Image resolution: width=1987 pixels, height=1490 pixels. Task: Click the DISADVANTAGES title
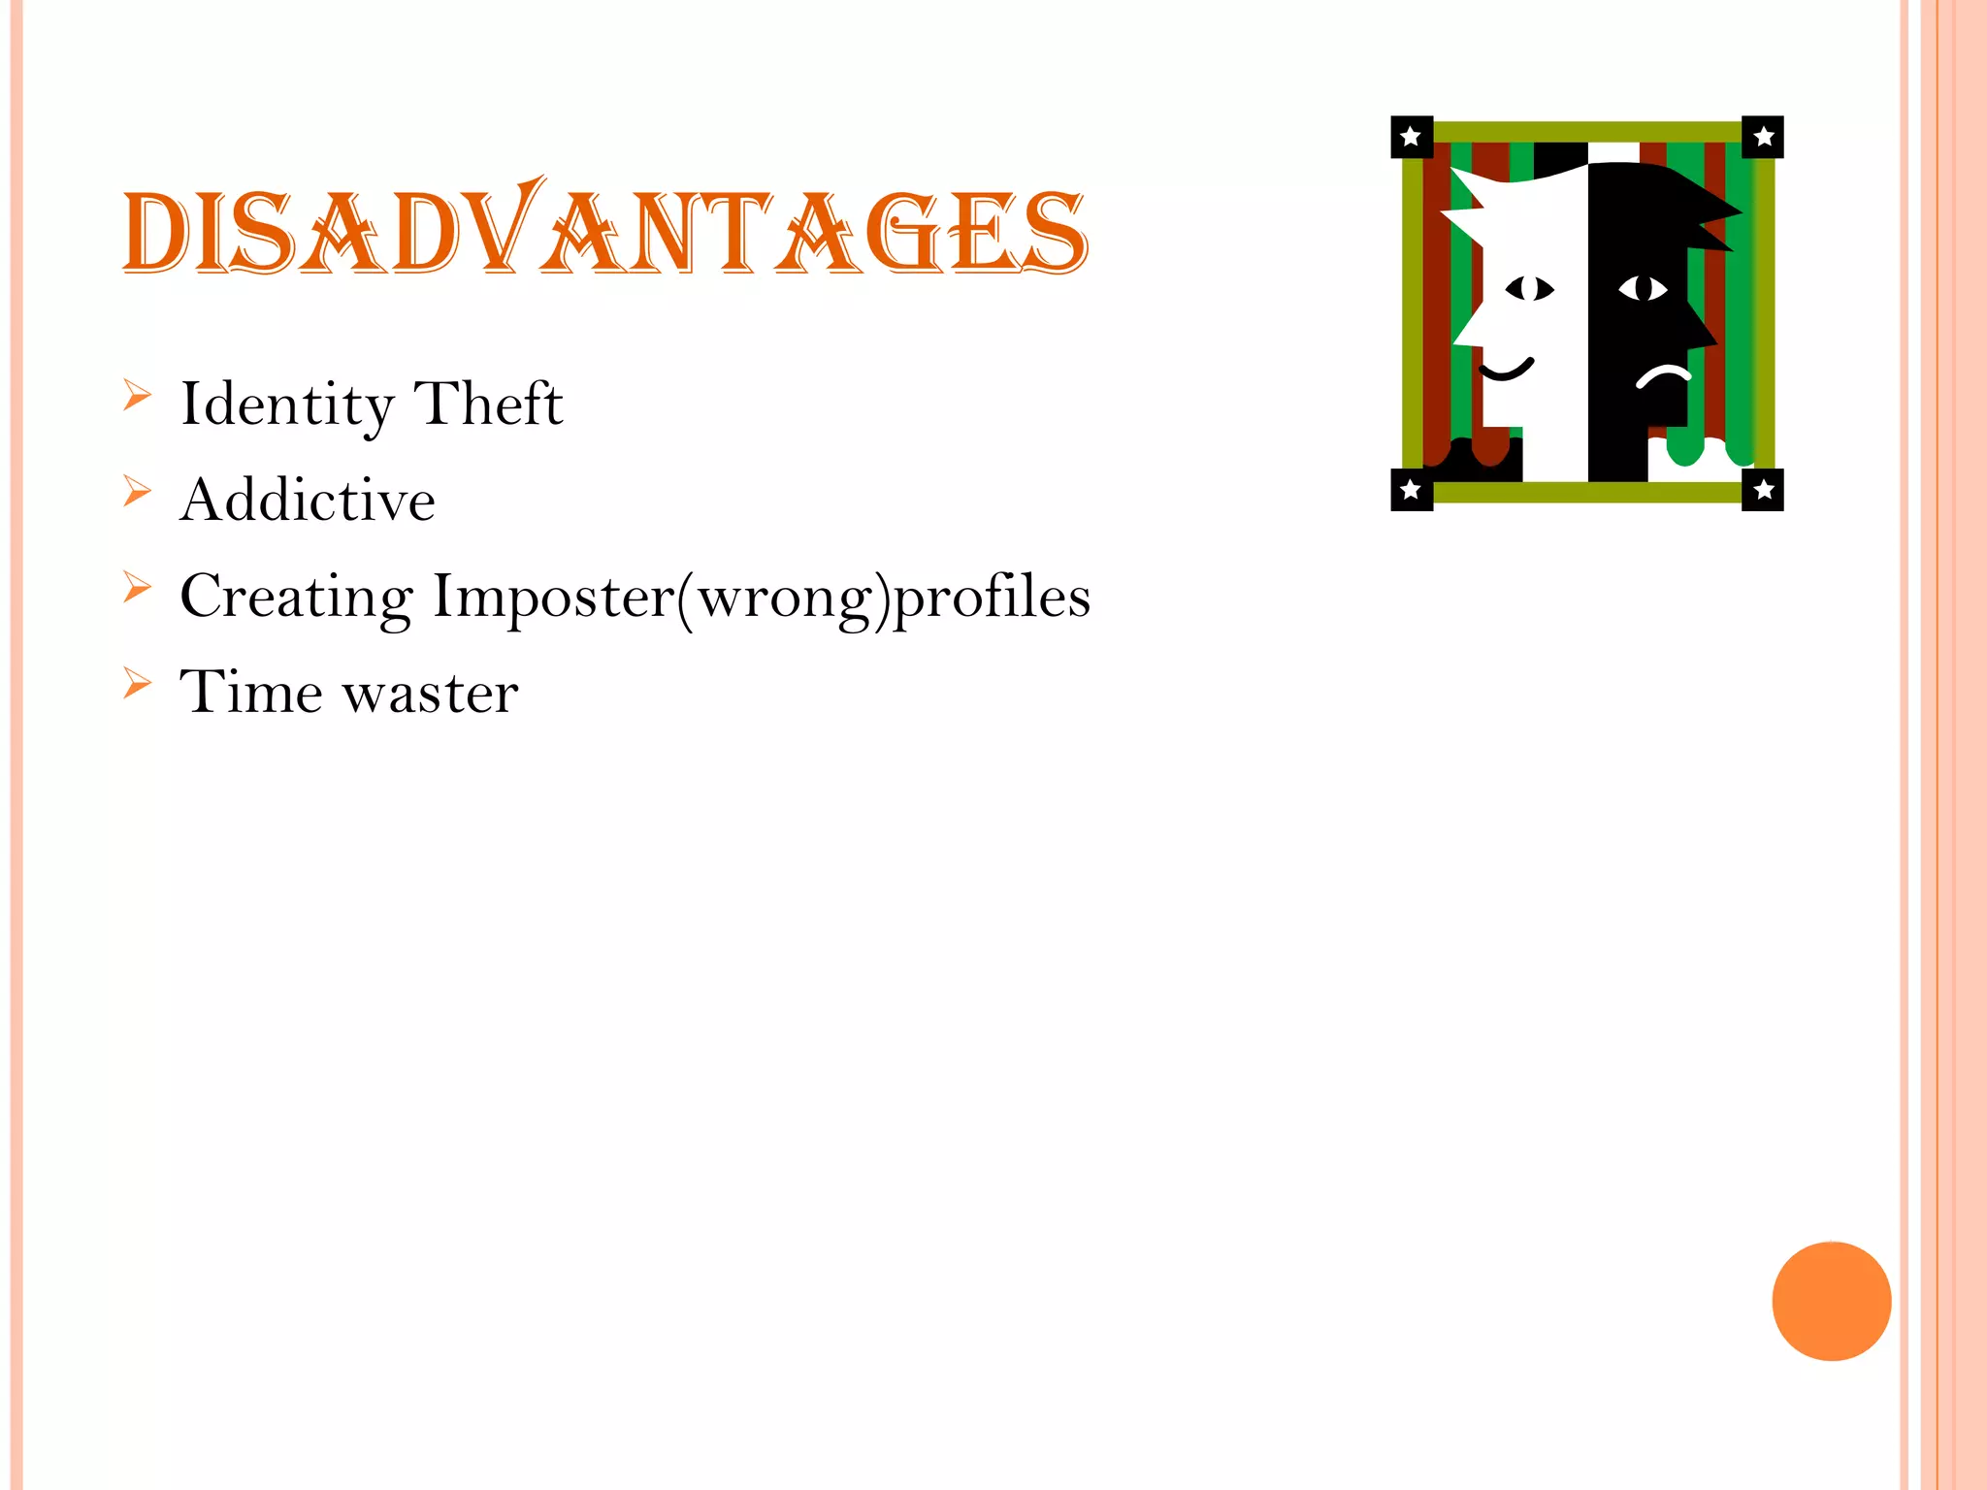click(x=605, y=231)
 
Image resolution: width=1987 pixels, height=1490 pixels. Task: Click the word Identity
click(x=287, y=405)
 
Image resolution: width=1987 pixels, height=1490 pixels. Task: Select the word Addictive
click(x=308, y=501)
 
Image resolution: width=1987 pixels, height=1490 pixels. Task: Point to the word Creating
click(x=296, y=598)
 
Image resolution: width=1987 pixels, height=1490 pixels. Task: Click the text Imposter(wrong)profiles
click(x=762, y=598)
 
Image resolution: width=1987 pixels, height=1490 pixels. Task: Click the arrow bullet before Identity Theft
click(x=138, y=396)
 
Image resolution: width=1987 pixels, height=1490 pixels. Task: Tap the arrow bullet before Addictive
click(x=138, y=492)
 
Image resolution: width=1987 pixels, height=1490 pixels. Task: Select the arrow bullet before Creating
click(x=138, y=588)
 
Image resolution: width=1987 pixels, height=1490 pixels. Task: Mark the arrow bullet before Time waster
click(x=138, y=684)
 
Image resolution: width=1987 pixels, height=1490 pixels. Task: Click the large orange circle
click(x=1831, y=1301)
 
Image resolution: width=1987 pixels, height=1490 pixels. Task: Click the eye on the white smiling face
click(x=1530, y=289)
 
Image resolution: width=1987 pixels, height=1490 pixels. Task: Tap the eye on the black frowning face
click(x=1643, y=288)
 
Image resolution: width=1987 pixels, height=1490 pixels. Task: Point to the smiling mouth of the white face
click(x=1506, y=370)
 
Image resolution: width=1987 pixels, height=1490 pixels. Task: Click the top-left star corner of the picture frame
click(x=1412, y=137)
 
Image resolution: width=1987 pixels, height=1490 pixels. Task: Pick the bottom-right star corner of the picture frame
click(x=1763, y=490)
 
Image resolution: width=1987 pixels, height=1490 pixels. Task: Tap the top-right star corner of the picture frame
click(x=1763, y=137)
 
